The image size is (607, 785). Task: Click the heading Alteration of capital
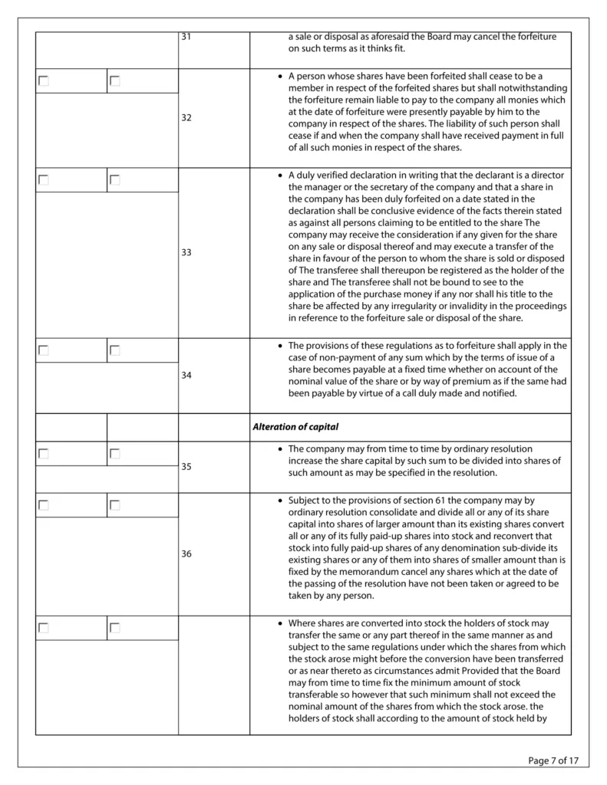(295, 427)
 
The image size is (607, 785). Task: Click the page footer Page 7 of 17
(553, 760)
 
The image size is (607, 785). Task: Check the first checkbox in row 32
(44, 81)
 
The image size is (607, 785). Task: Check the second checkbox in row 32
(115, 81)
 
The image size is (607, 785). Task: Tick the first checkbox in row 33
(44, 180)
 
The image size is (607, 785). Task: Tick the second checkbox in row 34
(115, 350)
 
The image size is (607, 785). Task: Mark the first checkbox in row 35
(44, 454)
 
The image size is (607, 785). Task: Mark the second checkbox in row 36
(115, 505)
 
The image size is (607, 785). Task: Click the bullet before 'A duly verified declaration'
(279, 176)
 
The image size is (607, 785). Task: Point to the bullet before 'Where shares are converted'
(279, 623)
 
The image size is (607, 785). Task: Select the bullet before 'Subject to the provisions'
(279, 501)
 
